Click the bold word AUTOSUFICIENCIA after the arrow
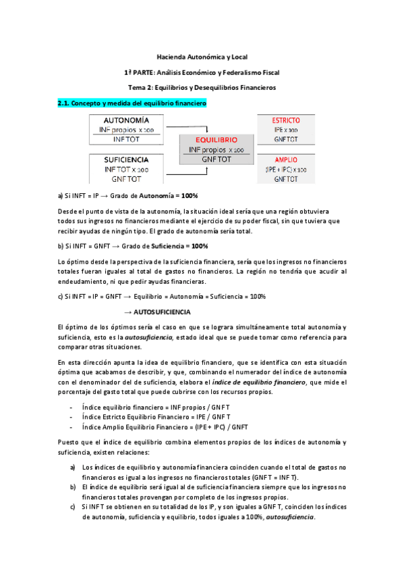(x=162, y=312)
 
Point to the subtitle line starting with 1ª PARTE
(x=202, y=72)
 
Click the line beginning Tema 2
(x=202, y=88)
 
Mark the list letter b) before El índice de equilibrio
(x=73, y=487)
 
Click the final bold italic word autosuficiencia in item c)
(x=291, y=518)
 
